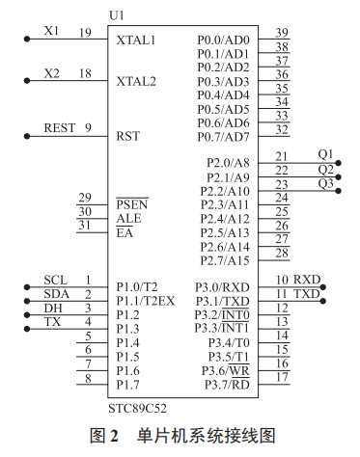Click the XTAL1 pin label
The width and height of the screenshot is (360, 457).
135,41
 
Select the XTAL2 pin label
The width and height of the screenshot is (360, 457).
135,81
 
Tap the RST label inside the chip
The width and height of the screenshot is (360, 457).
128,135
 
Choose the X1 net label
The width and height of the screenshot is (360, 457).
52,31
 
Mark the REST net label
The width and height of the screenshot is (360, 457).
60,127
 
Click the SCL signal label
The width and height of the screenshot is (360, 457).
55,280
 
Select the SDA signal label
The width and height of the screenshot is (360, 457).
56,293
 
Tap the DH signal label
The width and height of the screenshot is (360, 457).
54,308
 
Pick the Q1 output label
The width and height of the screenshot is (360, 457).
325,154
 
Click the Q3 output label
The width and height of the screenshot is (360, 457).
325,182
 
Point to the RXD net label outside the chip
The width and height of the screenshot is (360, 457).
306,280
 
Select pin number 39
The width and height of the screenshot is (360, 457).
282,33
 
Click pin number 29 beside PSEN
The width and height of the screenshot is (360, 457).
86,198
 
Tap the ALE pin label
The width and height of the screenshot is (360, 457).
128,219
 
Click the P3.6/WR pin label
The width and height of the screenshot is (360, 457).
226,371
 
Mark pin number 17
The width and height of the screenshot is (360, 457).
282,378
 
